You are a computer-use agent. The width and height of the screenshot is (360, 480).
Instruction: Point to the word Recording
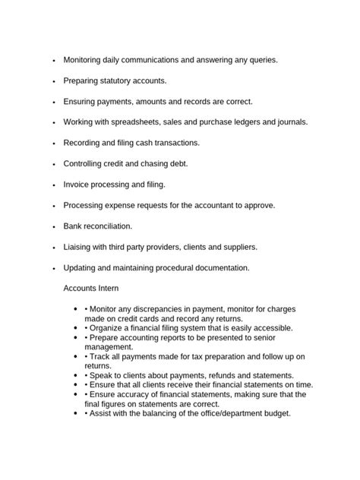(x=84, y=143)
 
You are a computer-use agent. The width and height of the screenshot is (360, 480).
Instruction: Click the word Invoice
(x=77, y=185)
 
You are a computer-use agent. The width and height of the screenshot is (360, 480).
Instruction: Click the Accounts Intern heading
(x=90, y=289)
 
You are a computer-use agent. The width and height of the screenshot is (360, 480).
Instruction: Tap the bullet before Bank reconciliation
(x=54, y=227)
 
